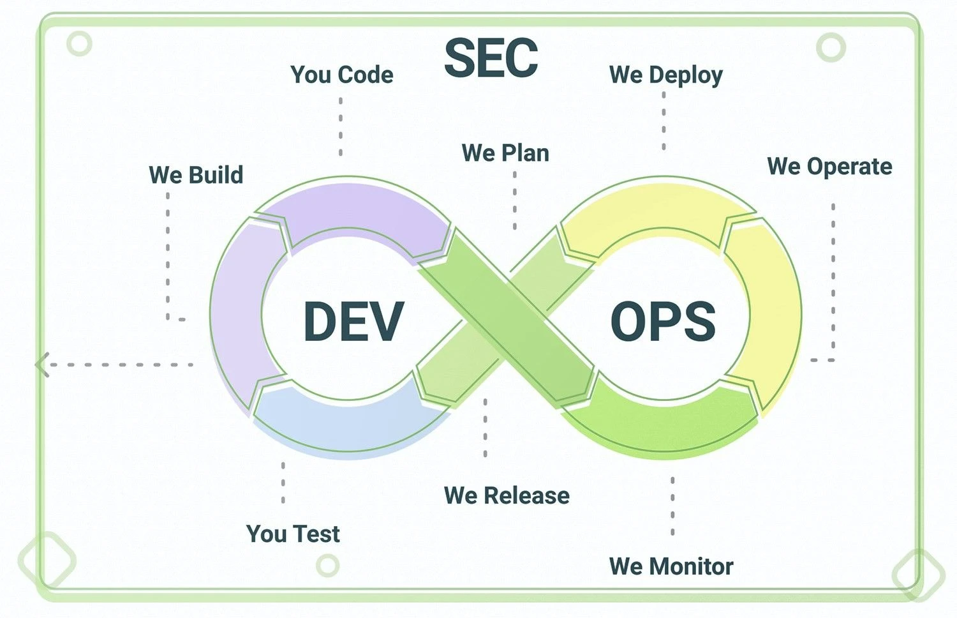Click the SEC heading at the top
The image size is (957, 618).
[491, 57]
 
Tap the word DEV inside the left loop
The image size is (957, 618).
[353, 321]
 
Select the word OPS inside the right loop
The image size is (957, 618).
[663, 321]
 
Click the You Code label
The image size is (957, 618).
[342, 75]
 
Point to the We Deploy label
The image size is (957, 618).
[666, 75]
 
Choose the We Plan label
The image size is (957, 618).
[505, 153]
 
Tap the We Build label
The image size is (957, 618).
[196, 175]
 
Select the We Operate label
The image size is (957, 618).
[829, 167]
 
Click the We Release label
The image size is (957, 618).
[507, 496]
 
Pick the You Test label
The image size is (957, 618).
[293, 534]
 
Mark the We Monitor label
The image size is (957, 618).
[671, 566]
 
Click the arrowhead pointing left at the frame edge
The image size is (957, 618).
[42, 365]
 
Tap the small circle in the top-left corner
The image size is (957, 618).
[80, 43]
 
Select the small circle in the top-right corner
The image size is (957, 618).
[831, 47]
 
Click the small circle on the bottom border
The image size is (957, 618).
[328, 566]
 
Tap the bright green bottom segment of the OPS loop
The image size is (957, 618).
[662, 427]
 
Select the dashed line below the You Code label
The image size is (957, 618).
[341, 127]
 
